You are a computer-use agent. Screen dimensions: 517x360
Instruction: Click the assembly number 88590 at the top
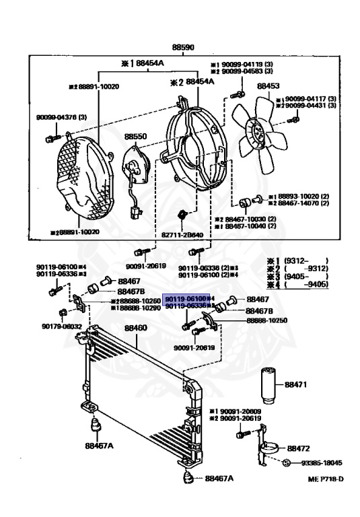coord(182,48)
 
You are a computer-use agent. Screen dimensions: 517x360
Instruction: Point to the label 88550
coord(134,136)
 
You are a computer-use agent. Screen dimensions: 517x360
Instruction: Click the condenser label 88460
coord(135,328)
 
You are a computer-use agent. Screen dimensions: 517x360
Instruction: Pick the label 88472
coord(298,447)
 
